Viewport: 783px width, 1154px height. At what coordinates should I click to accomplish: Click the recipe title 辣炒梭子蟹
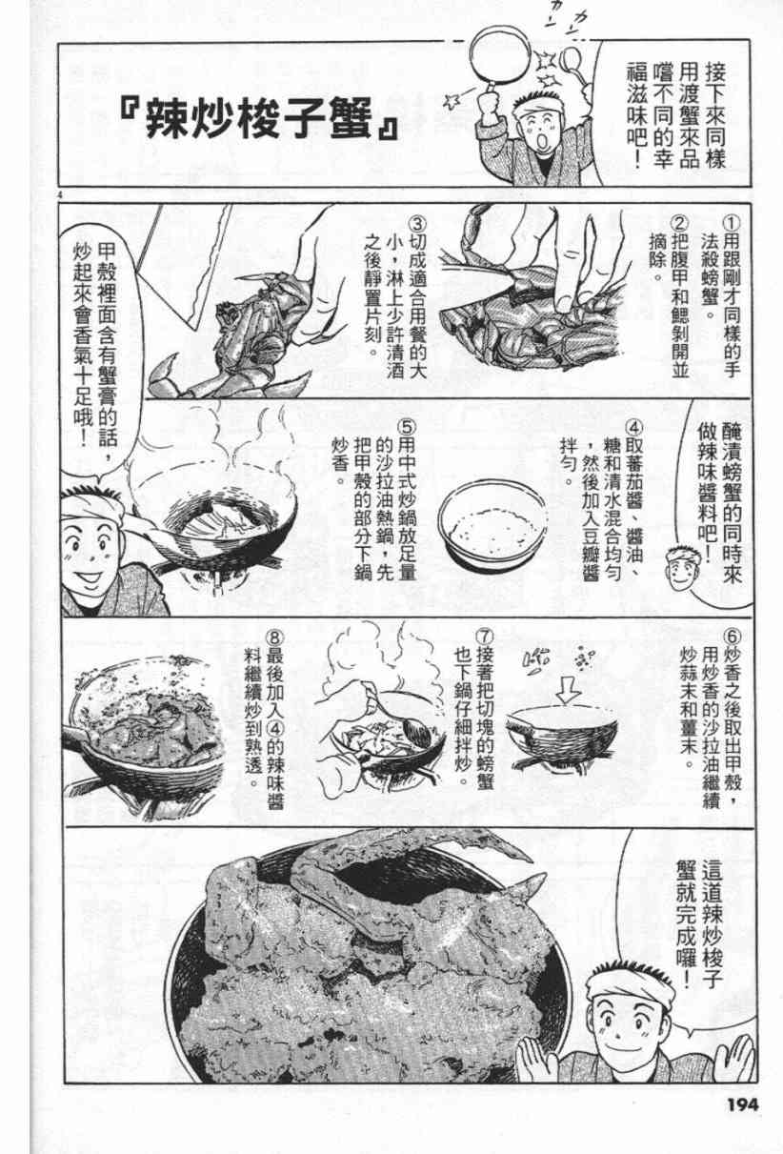258,119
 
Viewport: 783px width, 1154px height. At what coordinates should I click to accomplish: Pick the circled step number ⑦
484,637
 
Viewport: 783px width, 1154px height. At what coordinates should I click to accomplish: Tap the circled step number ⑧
274,638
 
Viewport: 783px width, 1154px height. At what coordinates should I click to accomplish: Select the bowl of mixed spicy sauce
492,522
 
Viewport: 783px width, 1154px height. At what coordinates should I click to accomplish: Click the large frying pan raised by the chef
500,56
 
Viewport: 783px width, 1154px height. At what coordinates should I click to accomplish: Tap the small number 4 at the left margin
61,194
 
